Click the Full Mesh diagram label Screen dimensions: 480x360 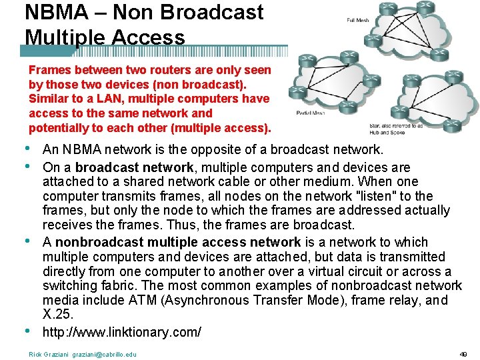pos(358,20)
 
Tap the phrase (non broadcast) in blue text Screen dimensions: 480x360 pos(204,84)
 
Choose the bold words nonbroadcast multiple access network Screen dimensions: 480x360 pos(178,242)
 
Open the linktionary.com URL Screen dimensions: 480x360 pos(121,331)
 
